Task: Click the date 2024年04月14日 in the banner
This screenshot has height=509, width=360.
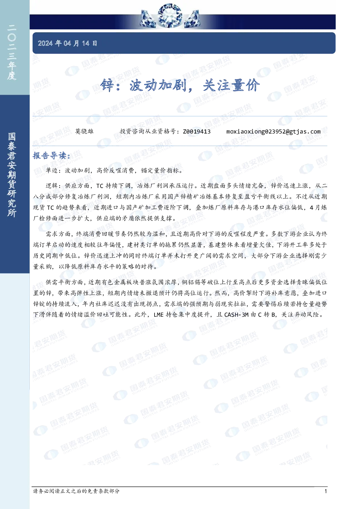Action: (67, 43)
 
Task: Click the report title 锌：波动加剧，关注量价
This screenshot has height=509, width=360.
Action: (180, 86)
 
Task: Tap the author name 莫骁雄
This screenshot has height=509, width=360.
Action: (84, 131)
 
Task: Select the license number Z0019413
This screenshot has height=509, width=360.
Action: (197, 132)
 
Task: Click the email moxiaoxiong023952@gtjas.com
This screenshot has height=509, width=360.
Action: (273, 132)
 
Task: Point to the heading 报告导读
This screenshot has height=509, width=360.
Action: (52, 156)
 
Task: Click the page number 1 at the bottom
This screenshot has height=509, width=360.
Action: (326, 491)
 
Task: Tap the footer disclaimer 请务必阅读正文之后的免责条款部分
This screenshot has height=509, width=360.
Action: (76, 491)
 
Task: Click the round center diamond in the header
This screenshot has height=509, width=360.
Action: (169, 16)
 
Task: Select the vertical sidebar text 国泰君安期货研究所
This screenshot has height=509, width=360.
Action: (12, 175)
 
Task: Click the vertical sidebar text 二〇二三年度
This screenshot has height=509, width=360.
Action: (12, 53)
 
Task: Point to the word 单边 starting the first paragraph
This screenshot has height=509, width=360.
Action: (52, 171)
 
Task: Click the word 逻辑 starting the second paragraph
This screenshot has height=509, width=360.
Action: (52, 186)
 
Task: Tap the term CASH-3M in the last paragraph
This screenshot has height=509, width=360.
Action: (236, 315)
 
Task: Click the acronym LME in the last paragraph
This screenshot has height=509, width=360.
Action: (159, 315)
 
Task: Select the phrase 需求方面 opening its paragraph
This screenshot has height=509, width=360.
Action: (58, 234)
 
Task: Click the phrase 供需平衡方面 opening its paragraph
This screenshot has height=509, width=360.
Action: (65, 282)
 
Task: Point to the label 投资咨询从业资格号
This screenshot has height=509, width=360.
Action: (148, 131)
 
